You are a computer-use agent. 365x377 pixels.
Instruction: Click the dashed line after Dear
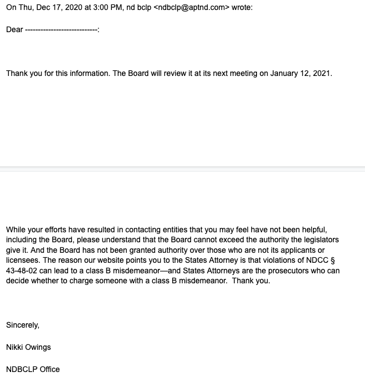click(x=61, y=30)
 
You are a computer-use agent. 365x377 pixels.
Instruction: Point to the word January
click(x=285, y=73)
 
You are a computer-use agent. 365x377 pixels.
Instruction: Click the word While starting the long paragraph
click(x=17, y=230)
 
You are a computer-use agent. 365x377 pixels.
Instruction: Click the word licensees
click(x=23, y=261)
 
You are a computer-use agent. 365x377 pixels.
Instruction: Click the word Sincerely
click(x=23, y=325)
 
